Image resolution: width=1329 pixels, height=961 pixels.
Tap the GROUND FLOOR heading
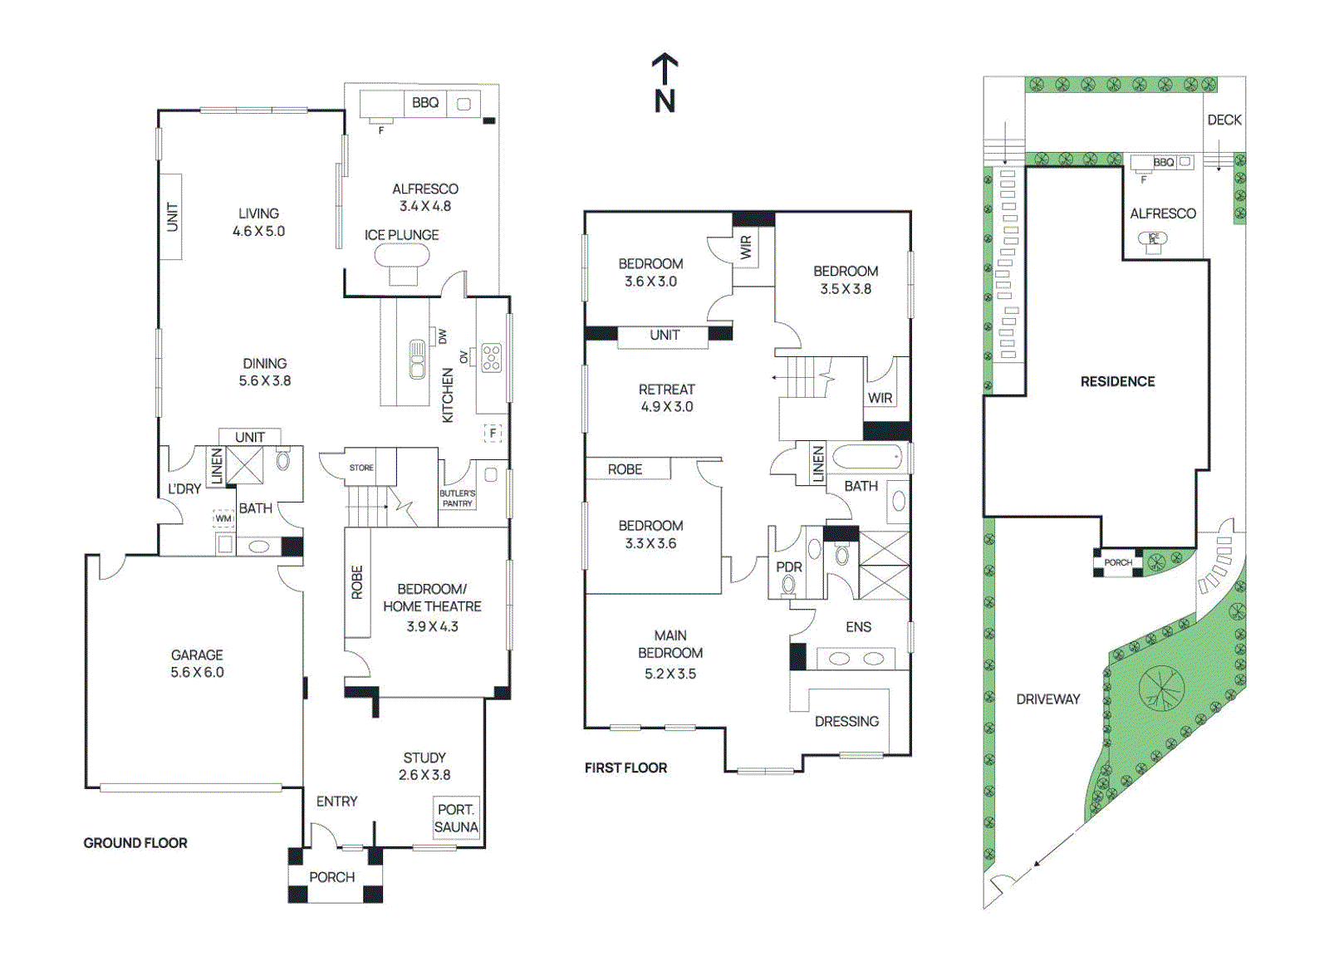click(x=135, y=842)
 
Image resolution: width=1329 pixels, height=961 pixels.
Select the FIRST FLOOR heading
click(x=625, y=767)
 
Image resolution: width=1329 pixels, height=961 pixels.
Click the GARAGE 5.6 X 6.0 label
click(x=197, y=664)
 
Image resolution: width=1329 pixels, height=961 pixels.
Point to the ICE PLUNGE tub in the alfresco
click(x=402, y=255)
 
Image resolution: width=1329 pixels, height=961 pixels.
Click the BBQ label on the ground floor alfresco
click(x=425, y=102)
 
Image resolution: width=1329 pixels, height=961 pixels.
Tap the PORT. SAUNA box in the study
click(x=456, y=818)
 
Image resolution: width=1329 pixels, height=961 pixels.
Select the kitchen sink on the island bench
click(x=417, y=360)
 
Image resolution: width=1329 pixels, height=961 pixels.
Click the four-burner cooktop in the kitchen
click(x=492, y=357)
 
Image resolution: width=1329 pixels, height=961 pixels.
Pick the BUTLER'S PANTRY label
click(x=458, y=498)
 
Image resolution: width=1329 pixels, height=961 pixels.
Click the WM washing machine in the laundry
click(x=223, y=518)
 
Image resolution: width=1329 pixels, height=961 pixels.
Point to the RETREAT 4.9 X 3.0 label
click(x=666, y=398)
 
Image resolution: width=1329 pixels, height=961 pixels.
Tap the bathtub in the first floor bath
click(x=867, y=458)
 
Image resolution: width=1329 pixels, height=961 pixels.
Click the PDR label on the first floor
click(x=788, y=567)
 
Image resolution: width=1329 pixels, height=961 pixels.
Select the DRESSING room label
click(x=846, y=721)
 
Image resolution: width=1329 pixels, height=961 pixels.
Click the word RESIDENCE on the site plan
click(x=1117, y=381)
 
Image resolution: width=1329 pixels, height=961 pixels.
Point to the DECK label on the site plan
click(x=1224, y=120)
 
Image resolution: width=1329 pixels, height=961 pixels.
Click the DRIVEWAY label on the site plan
click(x=1048, y=699)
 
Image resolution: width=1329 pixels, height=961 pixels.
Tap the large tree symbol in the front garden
click(x=1160, y=689)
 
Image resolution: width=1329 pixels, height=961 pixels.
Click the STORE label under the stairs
click(x=361, y=468)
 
